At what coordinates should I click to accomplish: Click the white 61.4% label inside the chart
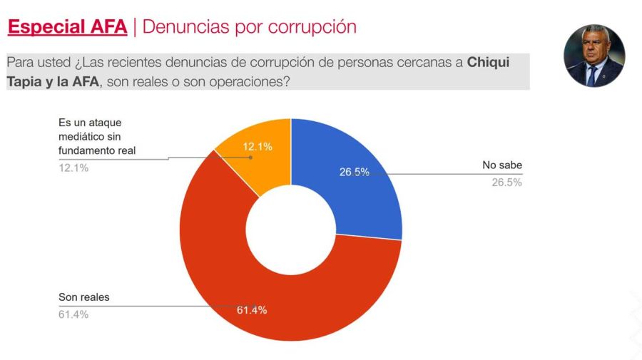[252, 310]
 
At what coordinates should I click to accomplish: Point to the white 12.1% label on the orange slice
[258, 146]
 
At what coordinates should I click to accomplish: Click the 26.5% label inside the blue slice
[354, 172]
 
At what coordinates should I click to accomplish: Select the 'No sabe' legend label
[502, 166]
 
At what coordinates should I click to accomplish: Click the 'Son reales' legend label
[83, 297]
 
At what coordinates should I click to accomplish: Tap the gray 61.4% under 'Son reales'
[73, 314]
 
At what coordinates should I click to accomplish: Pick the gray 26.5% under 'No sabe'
[506, 182]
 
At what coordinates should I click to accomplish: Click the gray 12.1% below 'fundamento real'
[73, 168]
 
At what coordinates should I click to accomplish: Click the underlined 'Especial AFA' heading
[67, 27]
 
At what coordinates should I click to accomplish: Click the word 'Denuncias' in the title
[185, 27]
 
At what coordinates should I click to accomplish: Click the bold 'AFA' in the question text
[85, 81]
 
